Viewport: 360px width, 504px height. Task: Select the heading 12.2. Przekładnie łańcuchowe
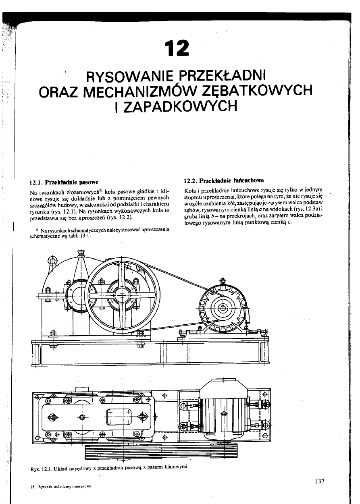coord(223,180)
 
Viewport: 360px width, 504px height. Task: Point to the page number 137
coord(319,481)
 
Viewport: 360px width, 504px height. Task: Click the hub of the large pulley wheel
coord(121,295)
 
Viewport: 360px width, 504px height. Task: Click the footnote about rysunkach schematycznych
coord(100,233)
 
